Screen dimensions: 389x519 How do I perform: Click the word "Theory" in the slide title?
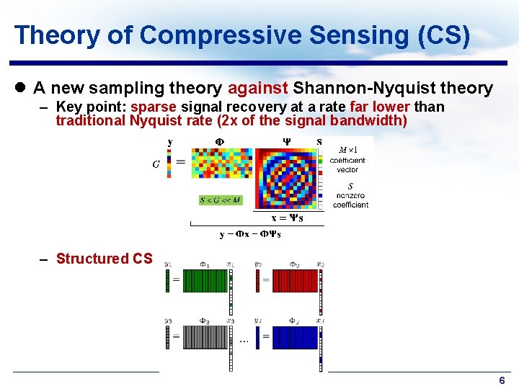[48, 35]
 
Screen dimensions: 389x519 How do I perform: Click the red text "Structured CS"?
[104, 259]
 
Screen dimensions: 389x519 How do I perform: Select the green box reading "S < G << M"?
[221, 200]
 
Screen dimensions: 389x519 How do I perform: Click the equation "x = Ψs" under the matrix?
[287, 218]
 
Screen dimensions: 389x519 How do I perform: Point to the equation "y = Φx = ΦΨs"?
[251, 234]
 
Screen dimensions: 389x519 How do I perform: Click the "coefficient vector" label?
[347, 165]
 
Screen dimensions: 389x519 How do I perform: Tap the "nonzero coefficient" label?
[350, 200]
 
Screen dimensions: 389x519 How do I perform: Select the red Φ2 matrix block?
[294, 280]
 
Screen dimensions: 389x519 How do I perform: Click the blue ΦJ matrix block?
[294, 337]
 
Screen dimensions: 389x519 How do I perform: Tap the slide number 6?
[502, 380]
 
